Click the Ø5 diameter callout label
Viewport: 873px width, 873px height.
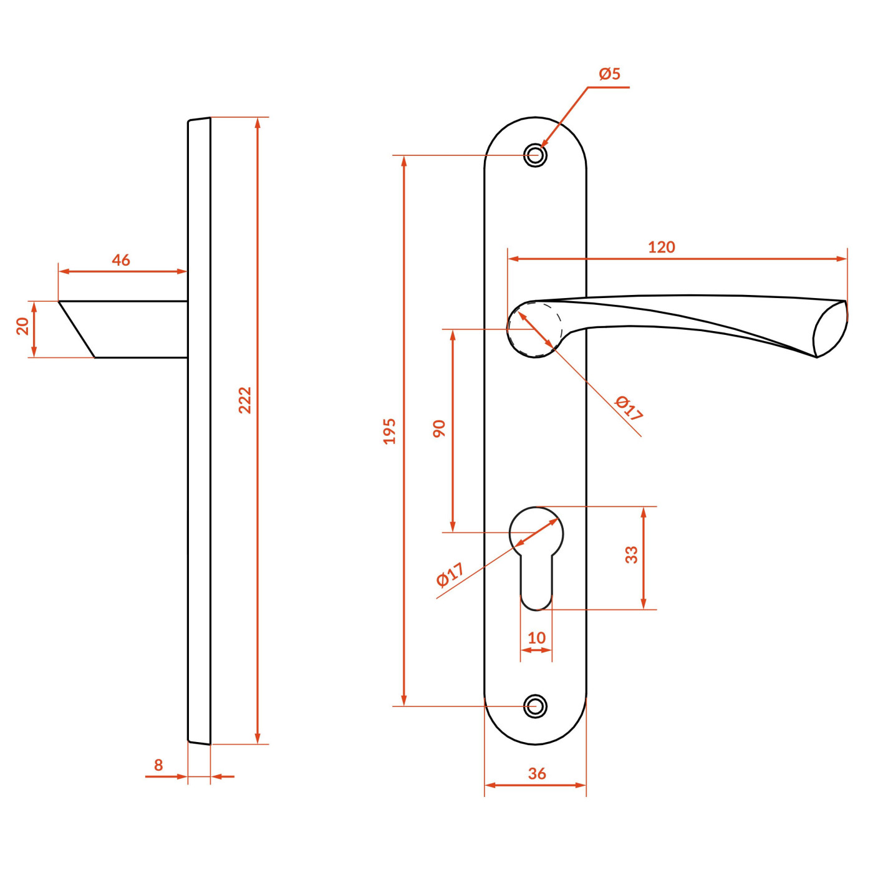(x=609, y=74)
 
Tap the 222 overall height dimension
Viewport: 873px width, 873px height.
(x=244, y=400)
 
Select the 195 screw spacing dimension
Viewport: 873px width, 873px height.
(x=390, y=432)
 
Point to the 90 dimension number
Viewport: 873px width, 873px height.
(x=439, y=428)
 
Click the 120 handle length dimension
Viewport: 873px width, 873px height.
(x=662, y=247)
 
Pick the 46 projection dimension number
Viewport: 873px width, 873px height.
(x=121, y=260)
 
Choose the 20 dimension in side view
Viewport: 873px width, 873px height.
(x=22, y=326)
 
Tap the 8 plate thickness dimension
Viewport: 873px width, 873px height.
(x=158, y=765)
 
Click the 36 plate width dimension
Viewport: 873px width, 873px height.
(x=537, y=774)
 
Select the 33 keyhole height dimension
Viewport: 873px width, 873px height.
(x=631, y=554)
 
